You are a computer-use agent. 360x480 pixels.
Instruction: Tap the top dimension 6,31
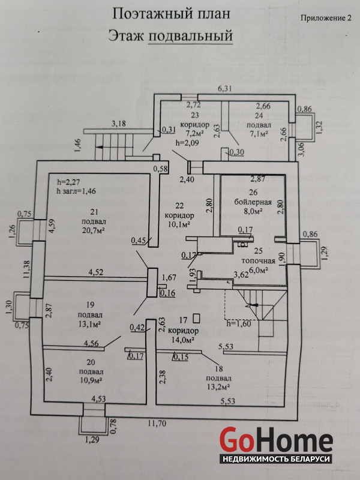click(224, 89)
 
